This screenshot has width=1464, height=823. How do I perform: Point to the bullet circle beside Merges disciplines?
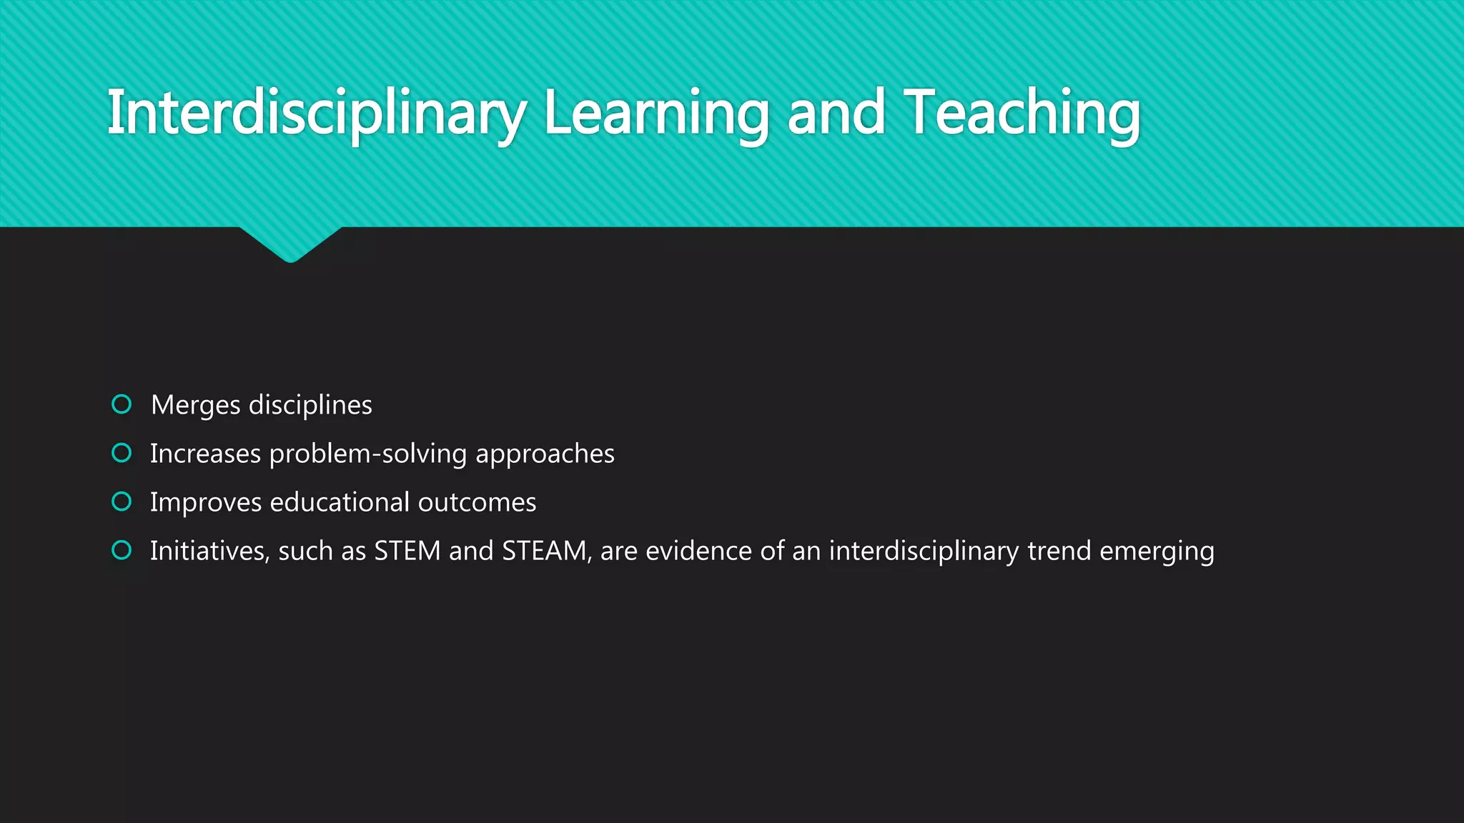pyautogui.click(x=122, y=404)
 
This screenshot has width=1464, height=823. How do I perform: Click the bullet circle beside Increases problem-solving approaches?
pyautogui.click(x=122, y=453)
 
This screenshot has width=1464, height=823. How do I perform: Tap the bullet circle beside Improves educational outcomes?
pyautogui.click(x=122, y=502)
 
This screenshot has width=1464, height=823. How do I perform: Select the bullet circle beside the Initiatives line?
pyautogui.click(x=122, y=550)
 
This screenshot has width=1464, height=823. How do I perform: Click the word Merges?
pyautogui.click(x=195, y=406)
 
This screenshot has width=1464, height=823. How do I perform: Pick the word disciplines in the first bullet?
pyautogui.click(x=310, y=406)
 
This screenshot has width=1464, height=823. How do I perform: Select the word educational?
pyautogui.click(x=340, y=502)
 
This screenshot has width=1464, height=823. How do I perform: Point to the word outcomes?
pyautogui.click(x=477, y=503)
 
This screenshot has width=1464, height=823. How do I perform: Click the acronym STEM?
pyautogui.click(x=407, y=551)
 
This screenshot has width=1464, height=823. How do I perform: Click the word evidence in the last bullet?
pyautogui.click(x=698, y=551)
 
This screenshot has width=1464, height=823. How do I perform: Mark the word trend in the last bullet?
pyautogui.click(x=1059, y=551)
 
